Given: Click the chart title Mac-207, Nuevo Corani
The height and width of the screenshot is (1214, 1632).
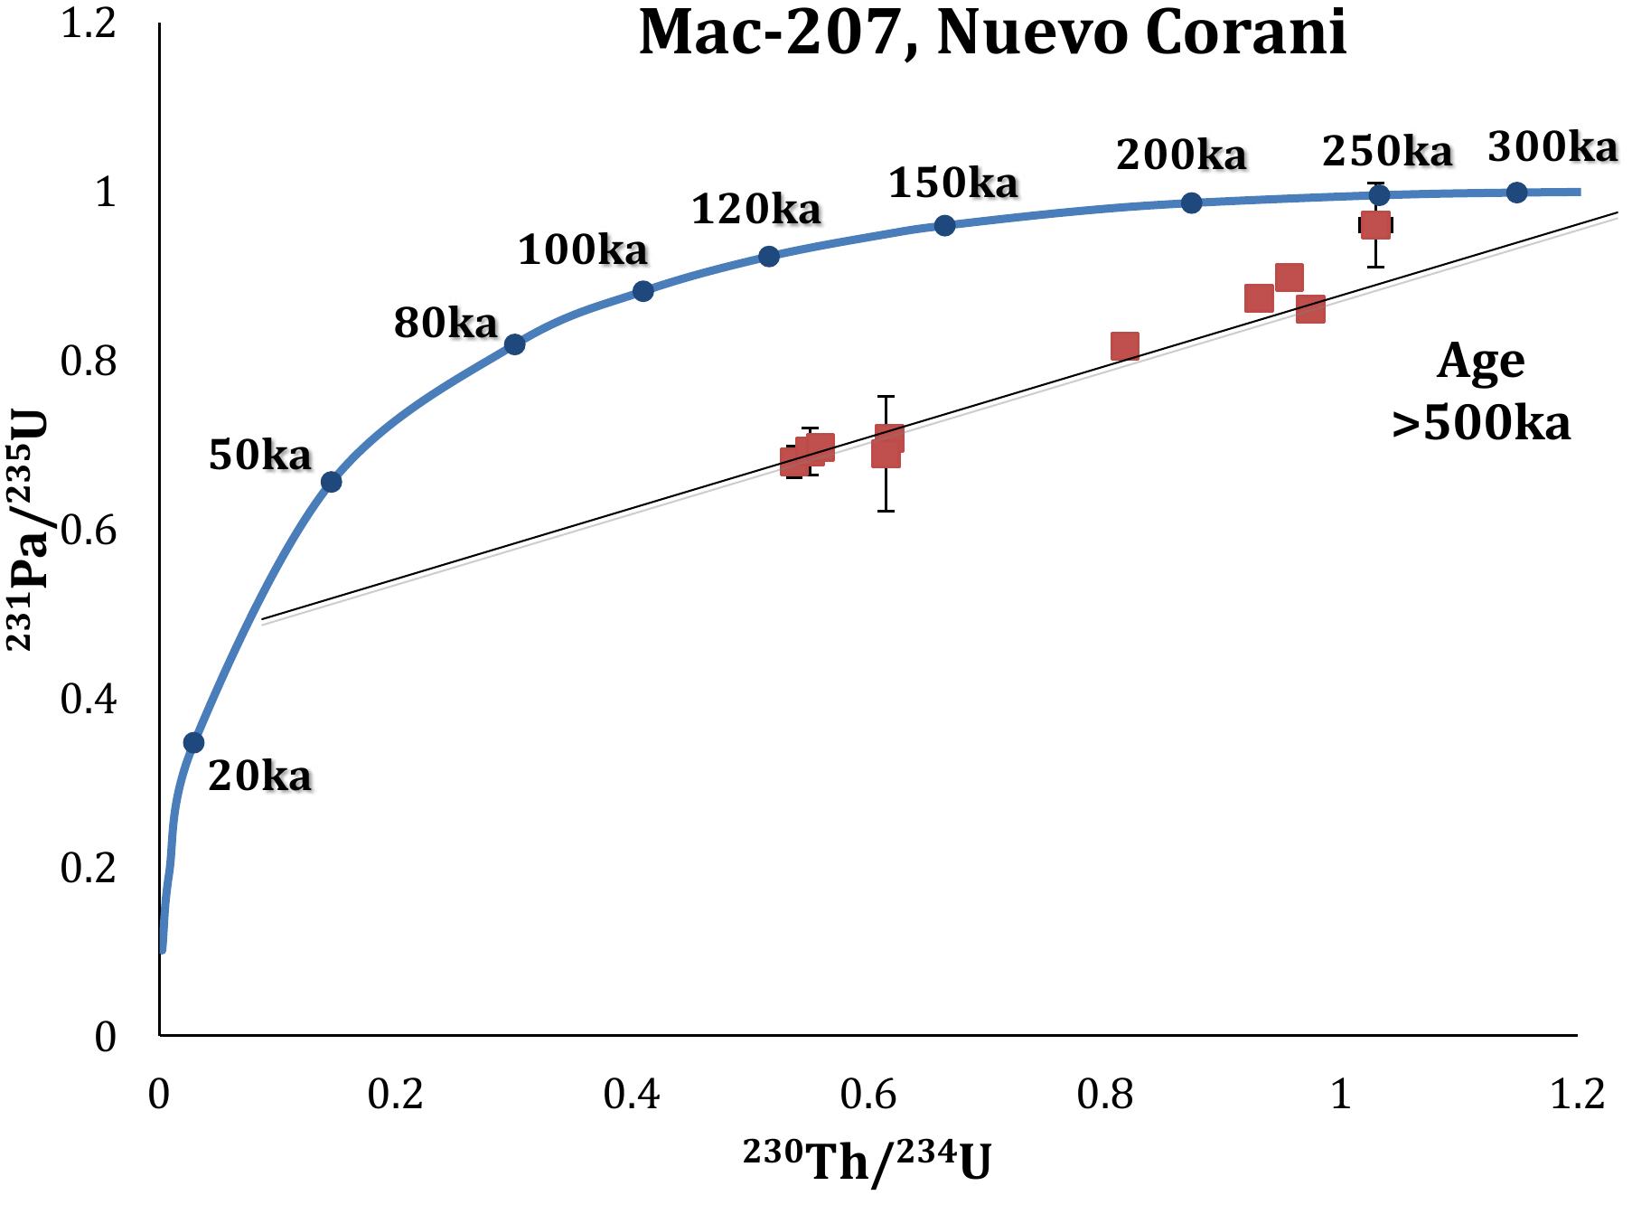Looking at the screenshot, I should (992, 34).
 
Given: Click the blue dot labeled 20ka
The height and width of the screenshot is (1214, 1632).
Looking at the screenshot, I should (193, 742).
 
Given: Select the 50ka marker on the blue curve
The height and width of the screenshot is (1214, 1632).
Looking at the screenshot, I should (332, 482).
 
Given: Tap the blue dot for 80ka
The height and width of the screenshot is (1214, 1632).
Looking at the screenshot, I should (514, 344).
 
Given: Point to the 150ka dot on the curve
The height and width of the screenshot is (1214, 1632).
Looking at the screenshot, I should (944, 225).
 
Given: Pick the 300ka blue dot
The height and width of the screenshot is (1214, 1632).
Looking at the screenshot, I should (1516, 192).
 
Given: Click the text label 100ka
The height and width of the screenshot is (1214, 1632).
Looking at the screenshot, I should (583, 249).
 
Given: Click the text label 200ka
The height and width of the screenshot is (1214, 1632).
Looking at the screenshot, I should (1181, 155).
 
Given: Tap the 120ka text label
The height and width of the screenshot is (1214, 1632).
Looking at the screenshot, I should (756, 210).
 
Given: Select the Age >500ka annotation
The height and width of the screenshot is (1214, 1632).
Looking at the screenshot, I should (1480, 391).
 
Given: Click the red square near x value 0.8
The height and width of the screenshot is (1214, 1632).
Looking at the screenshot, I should (1124, 346).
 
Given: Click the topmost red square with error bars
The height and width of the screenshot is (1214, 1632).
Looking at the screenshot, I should (1375, 225).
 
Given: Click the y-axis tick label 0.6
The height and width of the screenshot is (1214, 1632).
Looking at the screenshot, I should (88, 531).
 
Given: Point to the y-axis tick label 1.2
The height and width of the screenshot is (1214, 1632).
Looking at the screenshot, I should (88, 24).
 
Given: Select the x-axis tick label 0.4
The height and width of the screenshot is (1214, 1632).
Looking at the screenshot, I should (632, 1095).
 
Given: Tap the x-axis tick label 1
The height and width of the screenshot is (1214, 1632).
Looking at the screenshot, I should (1341, 1095).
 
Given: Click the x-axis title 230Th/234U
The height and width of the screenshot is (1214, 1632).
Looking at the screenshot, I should (868, 1162).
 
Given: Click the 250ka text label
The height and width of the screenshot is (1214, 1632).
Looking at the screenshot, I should (1387, 151).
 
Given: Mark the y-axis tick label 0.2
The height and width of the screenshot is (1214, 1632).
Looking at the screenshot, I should (88, 868).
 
